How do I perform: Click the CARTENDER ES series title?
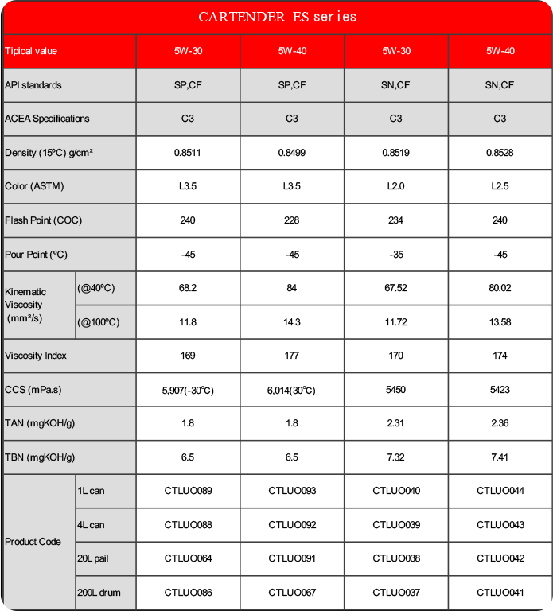[x=277, y=17]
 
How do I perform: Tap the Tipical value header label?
[x=31, y=51]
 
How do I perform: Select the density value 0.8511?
[x=188, y=153]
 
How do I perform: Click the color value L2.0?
[x=395, y=186]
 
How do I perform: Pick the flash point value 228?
[x=292, y=220]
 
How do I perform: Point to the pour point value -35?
[x=395, y=255]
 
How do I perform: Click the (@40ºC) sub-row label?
[x=96, y=288]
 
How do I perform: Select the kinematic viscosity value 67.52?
[x=395, y=288]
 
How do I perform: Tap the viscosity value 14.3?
[x=292, y=322]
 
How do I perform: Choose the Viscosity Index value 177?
[x=292, y=356]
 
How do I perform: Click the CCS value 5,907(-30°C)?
[x=188, y=391]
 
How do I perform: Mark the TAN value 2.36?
[x=500, y=423]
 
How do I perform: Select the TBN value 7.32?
[x=395, y=457]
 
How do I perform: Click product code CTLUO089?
[x=188, y=491]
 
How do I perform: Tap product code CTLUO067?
[x=292, y=593]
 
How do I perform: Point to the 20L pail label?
[x=93, y=558]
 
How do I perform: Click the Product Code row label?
[x=33, y=542]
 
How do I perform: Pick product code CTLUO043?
[x=500, y=525]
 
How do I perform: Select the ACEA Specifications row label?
[x=47, y=119]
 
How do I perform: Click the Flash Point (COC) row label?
[x=43, y=220]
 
